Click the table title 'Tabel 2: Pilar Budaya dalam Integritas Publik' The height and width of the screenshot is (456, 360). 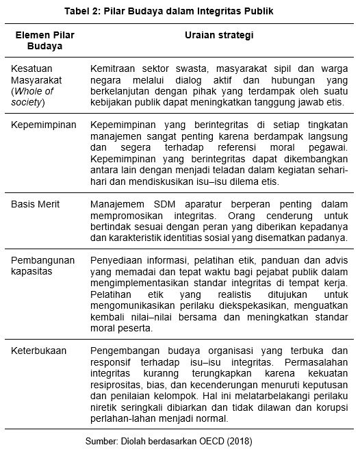179,11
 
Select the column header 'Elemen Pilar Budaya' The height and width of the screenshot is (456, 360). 44,40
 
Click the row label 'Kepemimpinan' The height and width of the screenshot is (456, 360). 44,125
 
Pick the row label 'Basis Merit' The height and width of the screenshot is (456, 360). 36,205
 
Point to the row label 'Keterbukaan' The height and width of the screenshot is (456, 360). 39,351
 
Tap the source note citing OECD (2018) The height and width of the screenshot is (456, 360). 179,442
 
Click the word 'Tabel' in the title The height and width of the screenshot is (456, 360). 77,11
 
